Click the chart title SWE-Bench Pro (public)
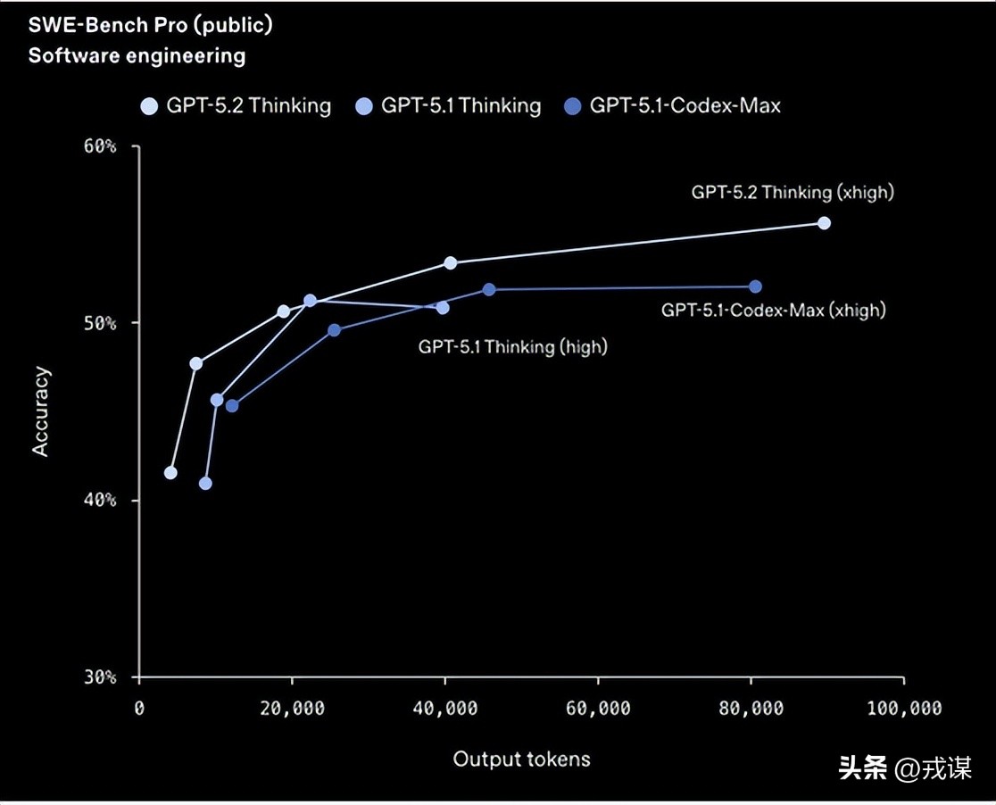pos(150,25)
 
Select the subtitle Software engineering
pos(137,55)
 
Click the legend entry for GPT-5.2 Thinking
pos(237,106)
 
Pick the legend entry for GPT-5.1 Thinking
pos(449,106)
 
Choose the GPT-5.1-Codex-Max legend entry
pos(673,106)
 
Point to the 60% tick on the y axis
pos(100,146)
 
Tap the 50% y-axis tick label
pos(100,323)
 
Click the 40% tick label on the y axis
pos(100,500)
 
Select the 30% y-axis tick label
pos(100,676)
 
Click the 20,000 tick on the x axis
pos(292,709)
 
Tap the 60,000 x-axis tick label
pos(597,709)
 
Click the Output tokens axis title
pos(521,759)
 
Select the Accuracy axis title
pos(41,411)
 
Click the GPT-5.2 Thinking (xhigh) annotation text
pos(792,192)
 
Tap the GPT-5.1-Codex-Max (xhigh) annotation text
pos(773,311)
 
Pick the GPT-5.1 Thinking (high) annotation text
pos(512,346)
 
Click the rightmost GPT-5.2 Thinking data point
pos(824,223)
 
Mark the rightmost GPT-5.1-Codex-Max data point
pos(755,286)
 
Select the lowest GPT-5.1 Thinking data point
pos(205,484)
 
